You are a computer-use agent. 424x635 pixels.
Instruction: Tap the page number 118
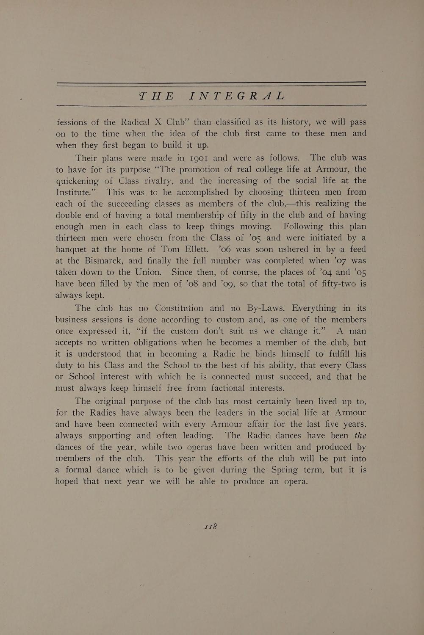[211, 527]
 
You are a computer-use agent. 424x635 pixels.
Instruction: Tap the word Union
[148, 272]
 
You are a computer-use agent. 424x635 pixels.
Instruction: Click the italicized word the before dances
[360, 436]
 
